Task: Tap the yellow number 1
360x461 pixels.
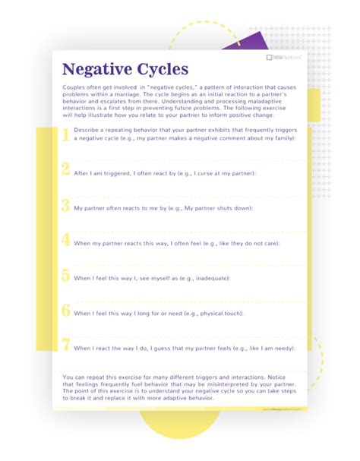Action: (65, 134)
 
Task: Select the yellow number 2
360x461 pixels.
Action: (66, 169)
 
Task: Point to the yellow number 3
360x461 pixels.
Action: (66, 204)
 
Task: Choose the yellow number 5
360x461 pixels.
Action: (66, 275)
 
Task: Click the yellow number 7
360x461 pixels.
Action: (66, 345)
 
